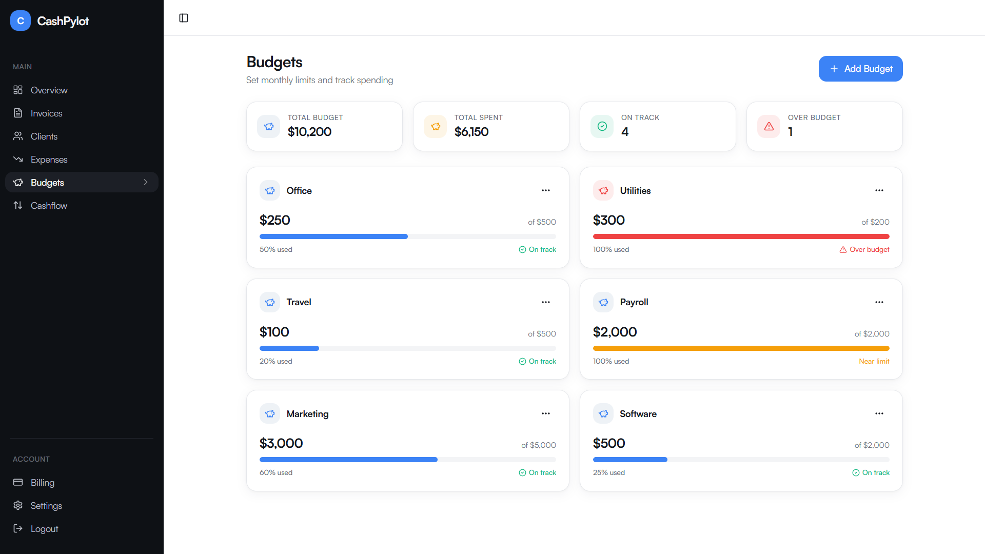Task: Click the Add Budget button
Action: click(860, 69)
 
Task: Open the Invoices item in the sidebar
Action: click(46, 113)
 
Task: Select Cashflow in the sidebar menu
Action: click(49, 206)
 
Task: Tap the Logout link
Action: click(44, 529)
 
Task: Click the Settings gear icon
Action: click(18, 505)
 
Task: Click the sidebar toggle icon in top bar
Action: click(184, 18)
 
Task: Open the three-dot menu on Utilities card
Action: click(879, 190)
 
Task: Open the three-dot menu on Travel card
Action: click(545, 302)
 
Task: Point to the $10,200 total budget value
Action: click(309, 132)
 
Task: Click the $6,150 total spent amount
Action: click(471, 132)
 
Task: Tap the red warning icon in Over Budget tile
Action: click(769, 126)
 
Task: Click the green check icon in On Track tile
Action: click(602, 126)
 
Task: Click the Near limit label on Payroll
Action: click(874, 361)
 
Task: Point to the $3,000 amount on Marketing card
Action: click(281, 443)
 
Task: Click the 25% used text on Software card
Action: click(608, 472)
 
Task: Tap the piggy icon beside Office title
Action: click(270, 190)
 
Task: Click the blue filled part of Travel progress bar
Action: click(289, 348)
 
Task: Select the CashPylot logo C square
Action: click(21, 21)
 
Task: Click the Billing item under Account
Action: click(42, 483)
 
